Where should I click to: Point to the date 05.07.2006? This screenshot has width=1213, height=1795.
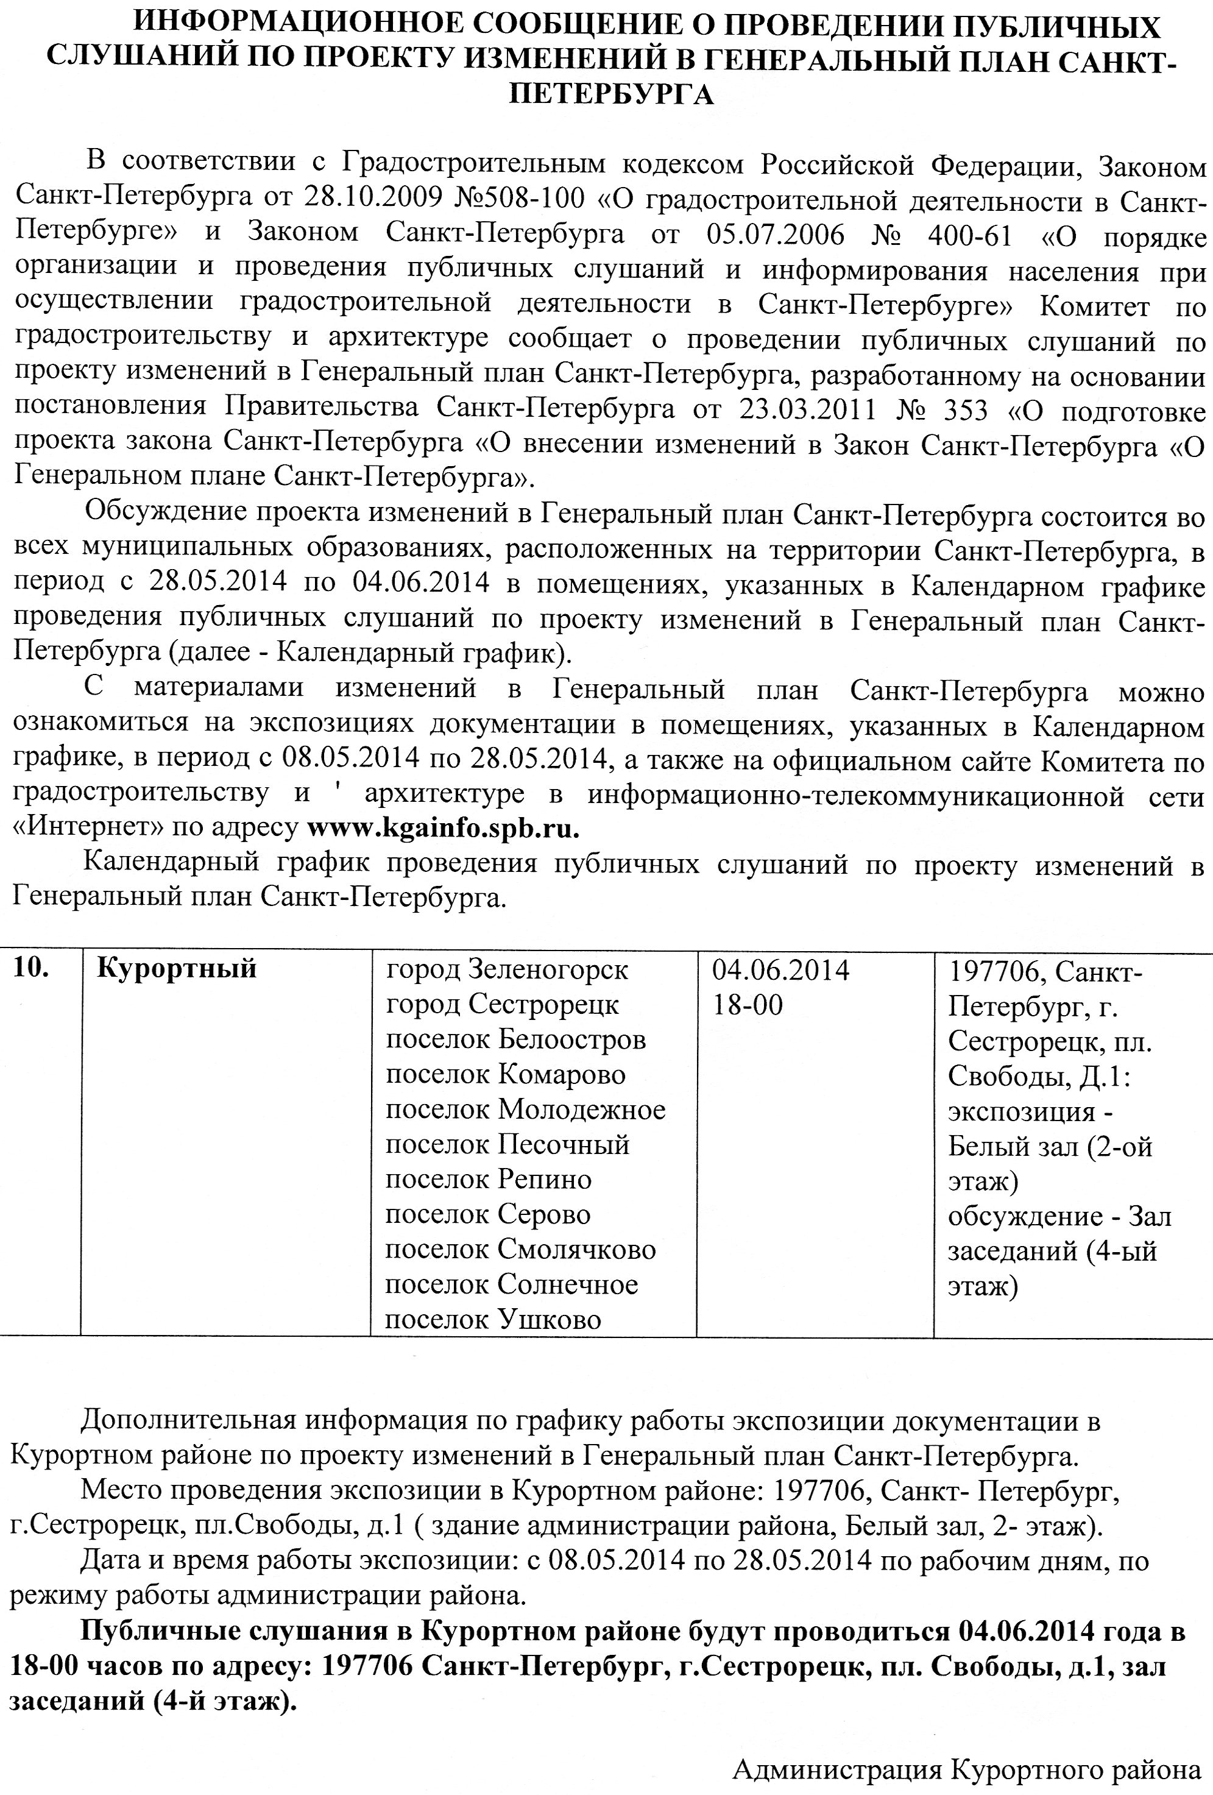tap(774, 235)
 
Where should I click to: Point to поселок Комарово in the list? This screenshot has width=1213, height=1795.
tap(506, 1074)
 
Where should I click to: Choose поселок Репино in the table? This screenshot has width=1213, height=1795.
tap(488, 1180)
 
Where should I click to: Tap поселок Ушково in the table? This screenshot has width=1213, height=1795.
tap(493, 1319)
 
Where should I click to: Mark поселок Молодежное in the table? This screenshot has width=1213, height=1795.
tap(525, 1110)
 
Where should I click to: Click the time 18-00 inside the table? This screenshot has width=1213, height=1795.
tap(747, 1005)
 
